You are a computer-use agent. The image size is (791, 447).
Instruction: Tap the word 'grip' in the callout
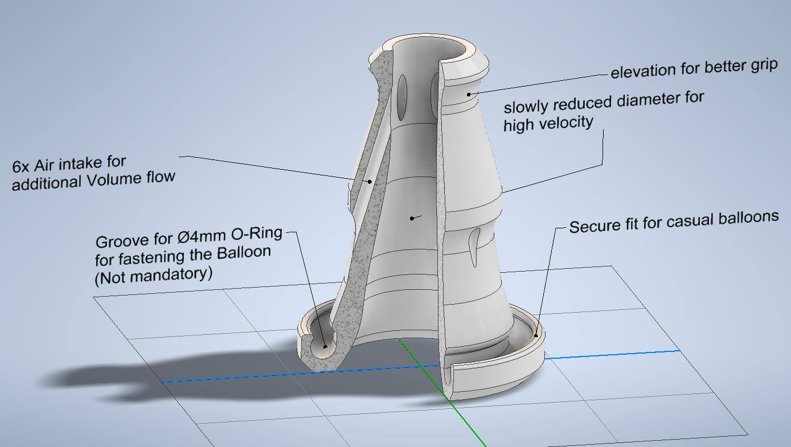click(x=764, y=65)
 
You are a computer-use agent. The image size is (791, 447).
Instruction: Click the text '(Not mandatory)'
click(x=154, y=276)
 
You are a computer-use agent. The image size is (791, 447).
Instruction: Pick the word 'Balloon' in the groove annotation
click(x=244, y=253)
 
